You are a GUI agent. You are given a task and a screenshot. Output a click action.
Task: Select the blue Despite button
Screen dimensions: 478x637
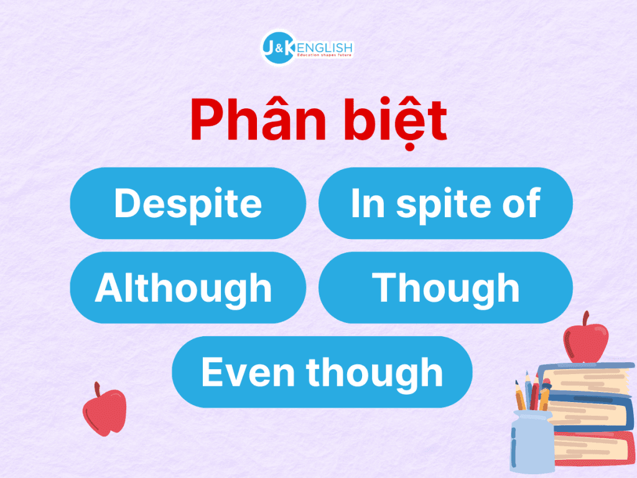[188, 204]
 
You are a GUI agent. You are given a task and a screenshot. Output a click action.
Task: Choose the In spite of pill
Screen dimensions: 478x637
[445, 204]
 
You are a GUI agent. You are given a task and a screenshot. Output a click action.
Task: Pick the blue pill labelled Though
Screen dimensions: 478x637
[445, 288]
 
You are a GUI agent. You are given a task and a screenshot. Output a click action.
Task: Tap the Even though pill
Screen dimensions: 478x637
[322, 372]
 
